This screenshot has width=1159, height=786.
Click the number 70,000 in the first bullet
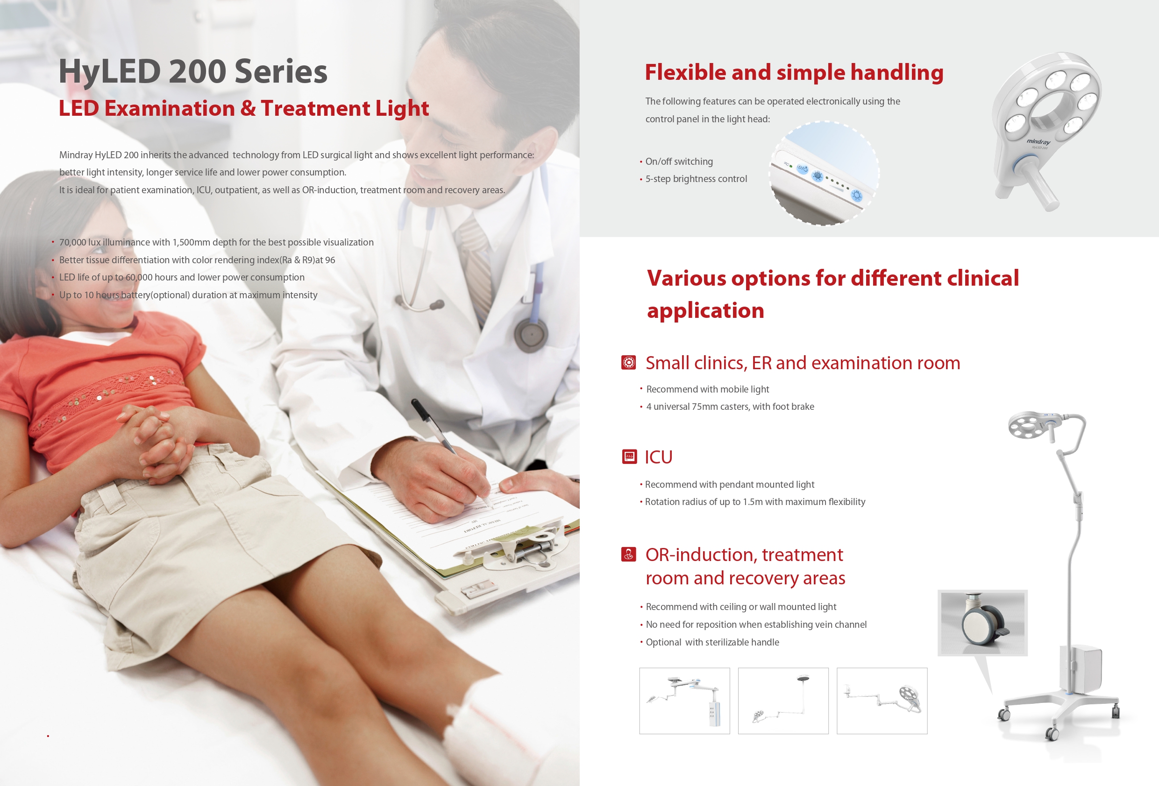click(73, 242)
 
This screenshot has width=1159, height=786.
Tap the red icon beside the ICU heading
click(629, 456)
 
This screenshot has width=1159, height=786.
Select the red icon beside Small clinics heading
click(628, 362)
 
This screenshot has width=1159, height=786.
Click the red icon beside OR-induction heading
click(628, 554)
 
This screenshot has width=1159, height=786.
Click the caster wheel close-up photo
click(982, 623)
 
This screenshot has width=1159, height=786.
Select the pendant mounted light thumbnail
click(684, 701)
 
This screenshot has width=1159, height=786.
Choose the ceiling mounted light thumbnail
click(783, 701)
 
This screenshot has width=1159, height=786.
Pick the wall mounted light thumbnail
click(882, 701)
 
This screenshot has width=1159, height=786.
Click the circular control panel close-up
click(824, 173)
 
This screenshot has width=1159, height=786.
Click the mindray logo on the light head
click(1038, 142)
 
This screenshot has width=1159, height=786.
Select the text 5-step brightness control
click(696, 179)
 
